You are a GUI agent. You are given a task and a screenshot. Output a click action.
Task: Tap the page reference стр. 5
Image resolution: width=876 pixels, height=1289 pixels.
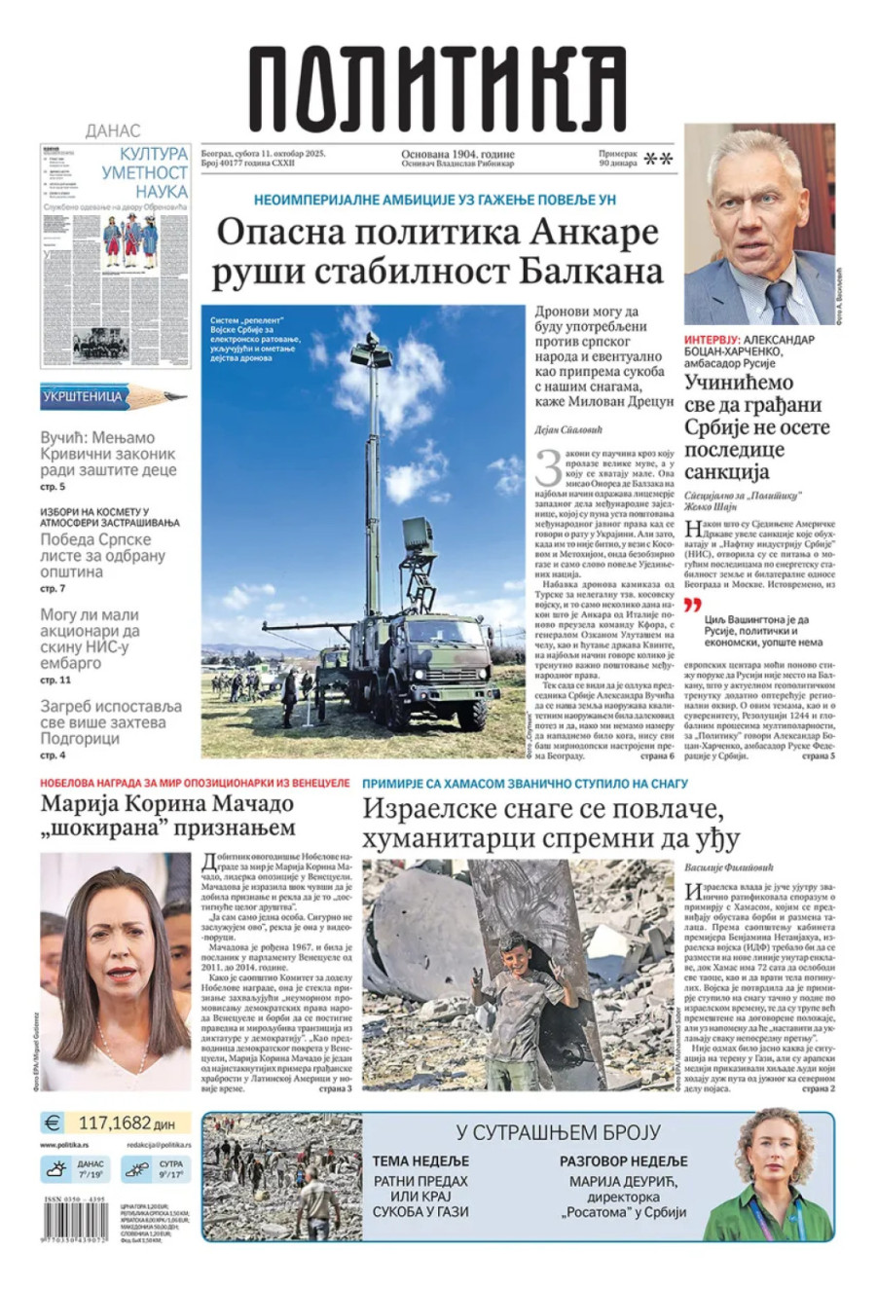[x=53, y=486]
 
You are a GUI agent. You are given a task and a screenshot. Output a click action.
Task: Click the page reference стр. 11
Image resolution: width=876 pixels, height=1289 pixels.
[x=55, y=680]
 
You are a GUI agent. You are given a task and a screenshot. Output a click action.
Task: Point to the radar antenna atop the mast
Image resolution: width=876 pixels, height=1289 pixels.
[x=371, y=351]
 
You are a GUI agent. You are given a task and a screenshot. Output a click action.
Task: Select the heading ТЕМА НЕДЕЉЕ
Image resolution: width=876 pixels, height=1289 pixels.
[x=420, y=1160]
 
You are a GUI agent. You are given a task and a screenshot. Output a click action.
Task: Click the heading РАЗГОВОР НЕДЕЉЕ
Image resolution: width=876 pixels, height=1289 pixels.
[x=623, y=1160]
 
